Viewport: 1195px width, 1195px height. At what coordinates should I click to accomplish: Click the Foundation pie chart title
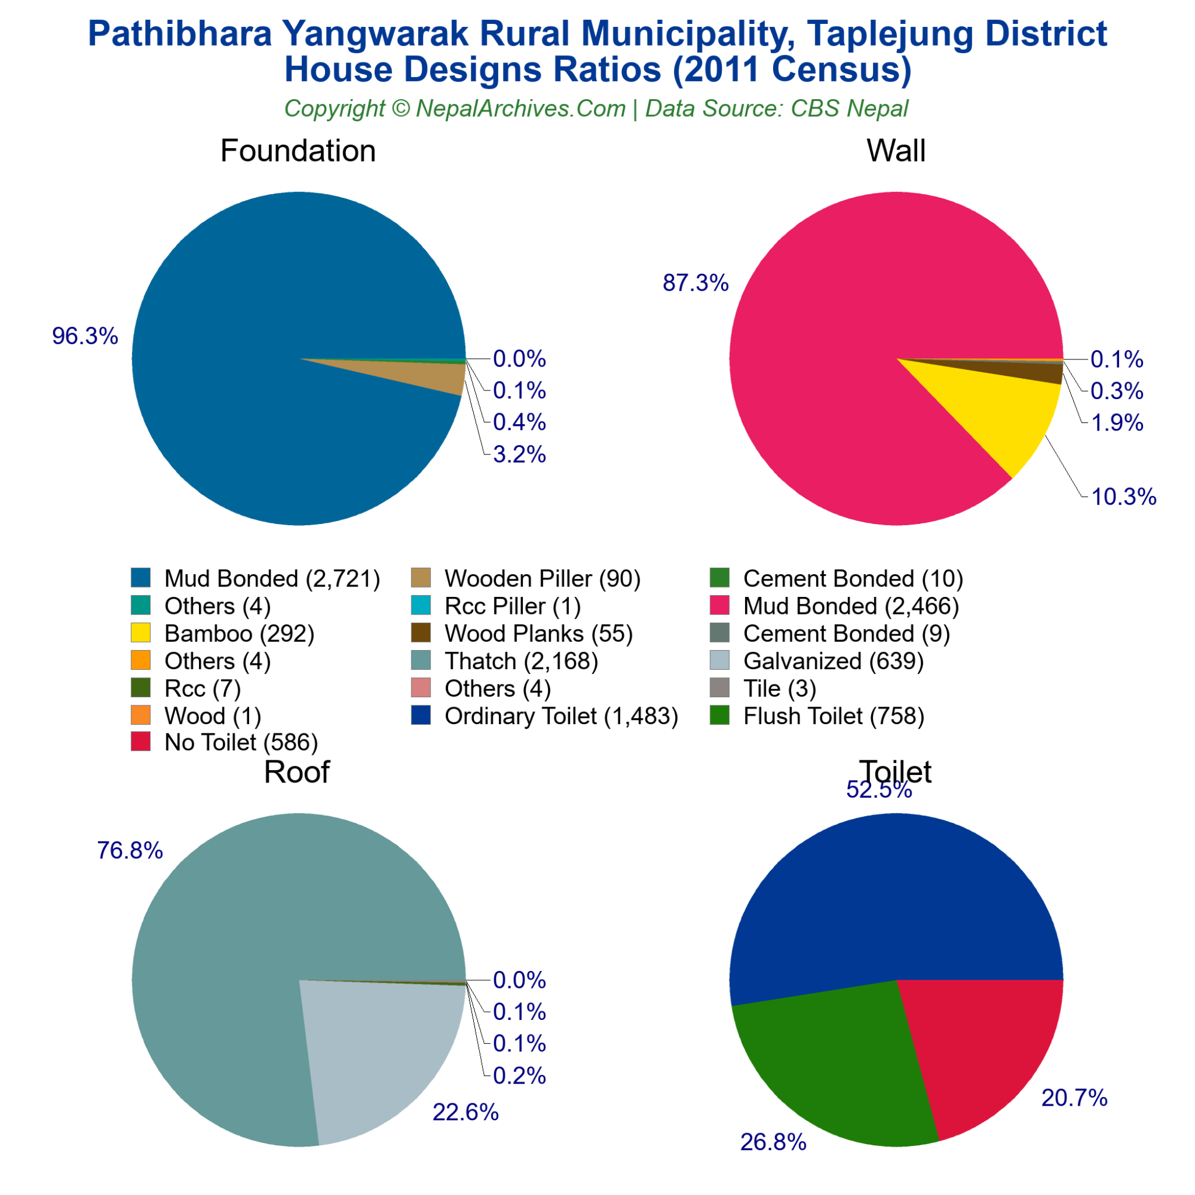click(298, 151)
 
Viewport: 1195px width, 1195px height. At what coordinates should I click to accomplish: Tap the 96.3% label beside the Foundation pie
click(85, 336)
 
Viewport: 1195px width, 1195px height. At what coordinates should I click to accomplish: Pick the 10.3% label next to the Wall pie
click(1123, 497)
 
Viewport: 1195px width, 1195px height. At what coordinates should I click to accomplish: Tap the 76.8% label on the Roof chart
click(130, 851)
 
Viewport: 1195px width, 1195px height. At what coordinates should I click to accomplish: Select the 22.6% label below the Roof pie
click(465, 1113)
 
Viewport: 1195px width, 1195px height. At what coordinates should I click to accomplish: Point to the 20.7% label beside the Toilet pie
click(1074, 1098)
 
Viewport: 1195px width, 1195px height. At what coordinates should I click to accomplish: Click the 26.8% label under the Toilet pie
click(773, 1142)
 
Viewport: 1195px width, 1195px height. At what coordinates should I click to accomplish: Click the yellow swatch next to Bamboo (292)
click(141, 633)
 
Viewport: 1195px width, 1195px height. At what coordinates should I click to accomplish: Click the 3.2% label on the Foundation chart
click(519, 455)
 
